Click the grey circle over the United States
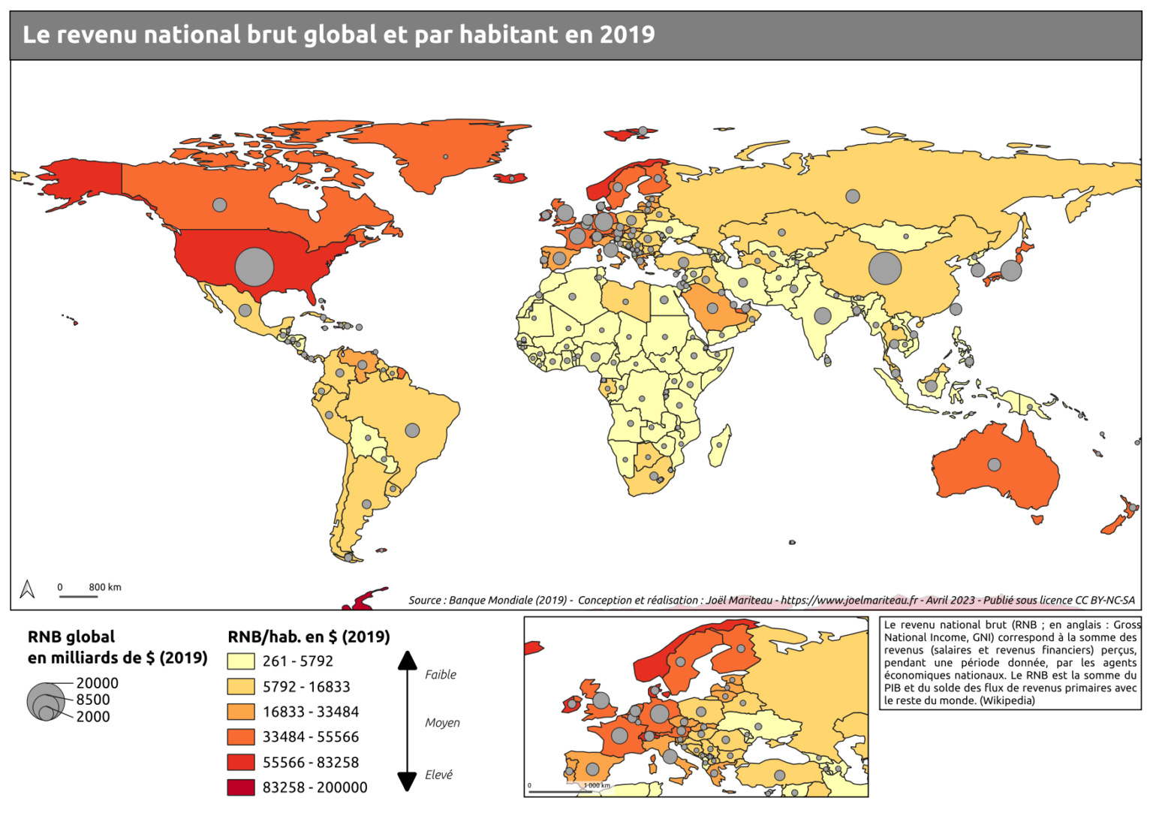point(254,266)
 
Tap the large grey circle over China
point(885,268)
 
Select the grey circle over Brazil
point(412,430)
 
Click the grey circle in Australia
point(994,465)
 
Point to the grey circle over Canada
point(219,204)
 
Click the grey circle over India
point(823,316)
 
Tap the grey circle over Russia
point(852,196)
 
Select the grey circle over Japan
point(1011,270)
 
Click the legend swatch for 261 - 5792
point(241,661)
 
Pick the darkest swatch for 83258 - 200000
point(241,787)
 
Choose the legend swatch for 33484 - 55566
point(241,737)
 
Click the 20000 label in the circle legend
point(97,683)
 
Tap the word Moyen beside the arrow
point(442,723)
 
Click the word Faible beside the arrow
point(441,675)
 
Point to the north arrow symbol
point(28,589)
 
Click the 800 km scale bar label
point(104,587)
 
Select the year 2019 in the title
point(627,35)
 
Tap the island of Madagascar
point(720,444)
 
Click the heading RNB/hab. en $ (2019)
point(309,637)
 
